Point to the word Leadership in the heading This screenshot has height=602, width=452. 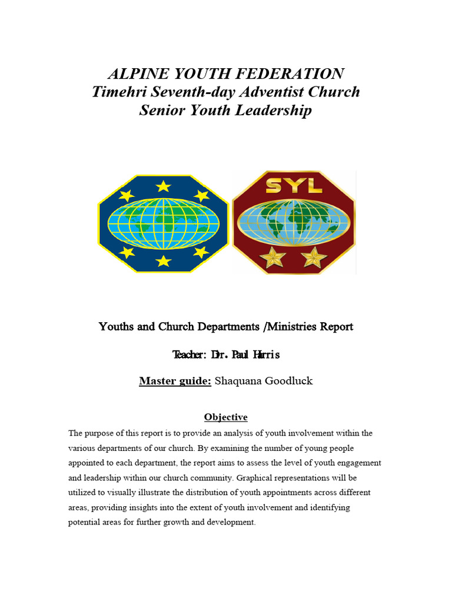pos(275,111)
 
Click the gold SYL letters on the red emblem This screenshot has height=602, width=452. pos(293,186)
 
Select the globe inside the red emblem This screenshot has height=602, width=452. pos(293,223)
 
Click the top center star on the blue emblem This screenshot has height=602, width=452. pos(163,186)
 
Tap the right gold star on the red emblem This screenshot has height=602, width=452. pos(313,257)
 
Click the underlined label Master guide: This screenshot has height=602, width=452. pos(175,381)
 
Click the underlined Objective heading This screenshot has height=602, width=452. pos(225,417)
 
